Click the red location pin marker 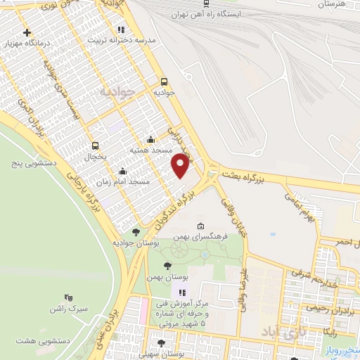[x=181, y=166]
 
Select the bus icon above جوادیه [x=164, y=81]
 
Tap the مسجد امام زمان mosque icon [x=123, y=170]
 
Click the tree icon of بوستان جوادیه [x=136, y=231]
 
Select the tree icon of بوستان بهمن [x=167, y=265]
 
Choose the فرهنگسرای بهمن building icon [x=201, y=226]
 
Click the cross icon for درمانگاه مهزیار [x=27, y=33]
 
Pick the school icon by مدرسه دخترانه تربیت [x=121, y=30]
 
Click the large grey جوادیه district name [x=117, y=92]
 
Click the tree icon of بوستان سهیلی [x=162, y=343]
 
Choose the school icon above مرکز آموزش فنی [x=182, y=292]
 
